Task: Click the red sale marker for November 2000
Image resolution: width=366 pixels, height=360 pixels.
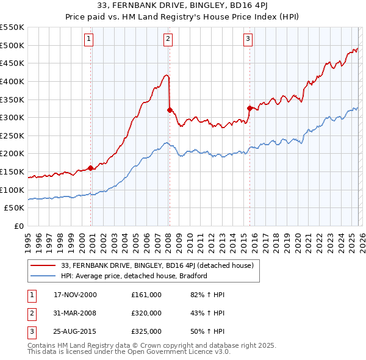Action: tap(91, 168)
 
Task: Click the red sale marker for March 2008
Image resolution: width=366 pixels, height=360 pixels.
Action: tap(170, 110)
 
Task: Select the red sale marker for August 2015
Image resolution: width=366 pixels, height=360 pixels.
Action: tap(249, 109)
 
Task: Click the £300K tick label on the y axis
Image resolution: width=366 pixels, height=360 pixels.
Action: tap(12, 117)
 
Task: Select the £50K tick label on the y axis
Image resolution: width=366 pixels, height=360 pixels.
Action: tap(15, 208)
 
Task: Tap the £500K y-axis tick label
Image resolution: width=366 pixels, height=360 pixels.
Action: tap(12, 45)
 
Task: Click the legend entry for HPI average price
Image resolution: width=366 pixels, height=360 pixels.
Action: tap(134, 276)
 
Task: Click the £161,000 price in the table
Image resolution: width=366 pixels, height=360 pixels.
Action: tap(146, 295)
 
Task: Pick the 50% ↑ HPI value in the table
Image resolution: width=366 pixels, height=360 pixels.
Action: tap(207, 331)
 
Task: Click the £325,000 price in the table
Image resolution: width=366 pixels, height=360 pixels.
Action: tap(146, 331)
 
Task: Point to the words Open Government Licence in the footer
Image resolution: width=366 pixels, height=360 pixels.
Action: tap(176, 352)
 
